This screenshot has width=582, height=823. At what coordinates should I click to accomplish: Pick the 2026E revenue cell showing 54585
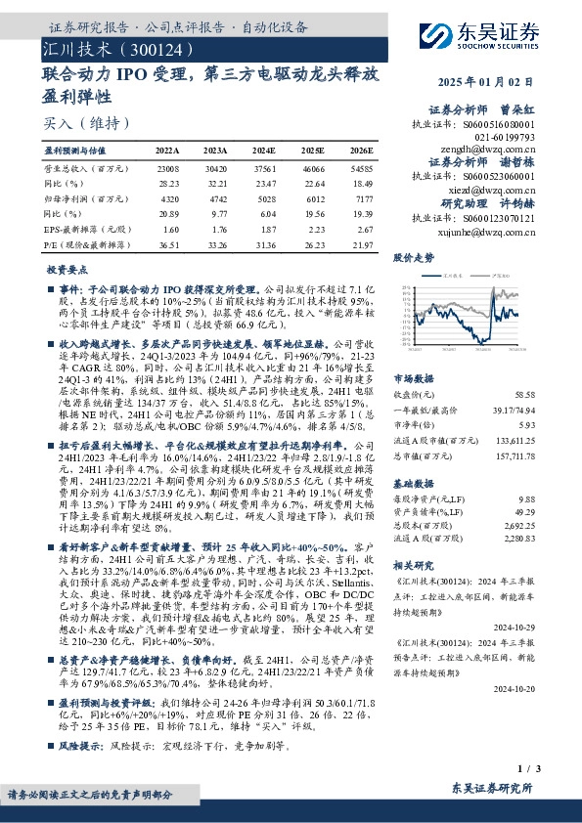[x=361, y=169]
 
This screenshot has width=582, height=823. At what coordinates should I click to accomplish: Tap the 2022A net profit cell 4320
[x=168, y=197]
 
